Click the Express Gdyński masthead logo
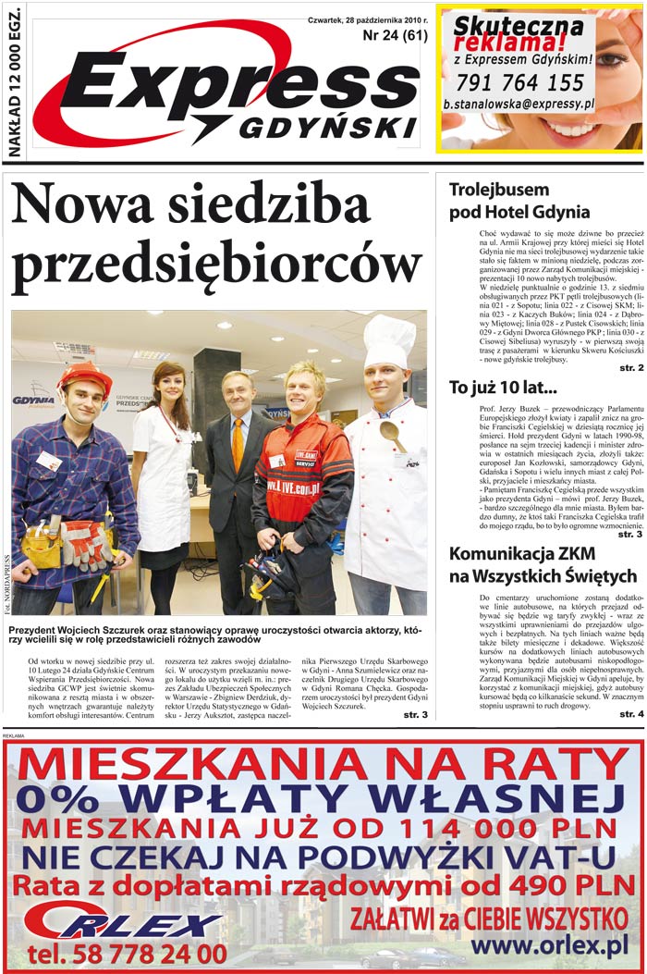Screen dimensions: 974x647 (x=231, y=92)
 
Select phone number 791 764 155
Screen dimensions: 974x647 (x=519, y=82)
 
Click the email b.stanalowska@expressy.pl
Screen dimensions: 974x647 (x=519, y=105)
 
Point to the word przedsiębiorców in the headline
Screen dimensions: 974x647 (x=216, y=264)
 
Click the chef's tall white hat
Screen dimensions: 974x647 (x=388, y=339)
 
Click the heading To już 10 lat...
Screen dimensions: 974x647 (x=503, y=387)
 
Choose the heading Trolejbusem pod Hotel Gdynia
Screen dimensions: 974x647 (x=519, y=201)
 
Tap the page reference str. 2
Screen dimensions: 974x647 (x=631, y=367)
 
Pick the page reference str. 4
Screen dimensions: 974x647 (x=631, y=713)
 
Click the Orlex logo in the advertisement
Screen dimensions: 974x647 (x=120, y=919)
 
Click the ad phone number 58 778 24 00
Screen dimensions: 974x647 (x=127, y=953)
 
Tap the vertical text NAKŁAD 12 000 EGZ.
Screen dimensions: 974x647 (x=14, y=83)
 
